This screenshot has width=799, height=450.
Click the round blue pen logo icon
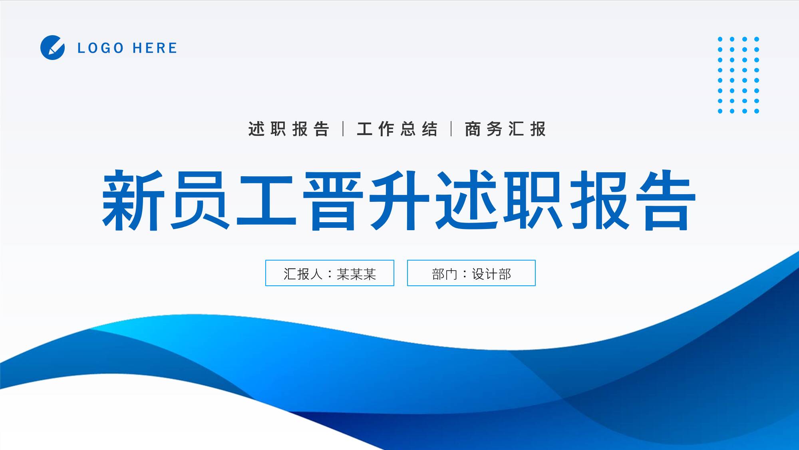pyautogui.click(x=52, y=48)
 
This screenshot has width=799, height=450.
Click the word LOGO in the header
pyautogui.click(x=100, y=48)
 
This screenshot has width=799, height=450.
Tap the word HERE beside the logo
pyautogui.click(x=155, y=48)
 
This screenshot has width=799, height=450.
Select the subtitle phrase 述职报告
pyautogui.click(x=288, y=129)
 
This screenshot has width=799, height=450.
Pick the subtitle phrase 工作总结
pyautogui.click(x=397, y=129)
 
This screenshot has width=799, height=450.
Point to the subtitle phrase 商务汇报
pyautogui.click(x=505, y=129)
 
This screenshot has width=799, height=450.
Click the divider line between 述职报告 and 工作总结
pyautogui.click(x=343, y=129)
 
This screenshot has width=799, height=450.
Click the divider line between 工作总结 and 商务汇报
pyautogui.click(x=451, y=129)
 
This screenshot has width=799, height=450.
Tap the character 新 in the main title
pyautogui.click(x=133, y=200)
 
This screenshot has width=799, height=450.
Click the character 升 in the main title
pyautogui.click(x=399, y=200)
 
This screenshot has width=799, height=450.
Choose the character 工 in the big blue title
pyautogui.click(x=266, y=200)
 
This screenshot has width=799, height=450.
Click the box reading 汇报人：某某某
pyautogui.click(x=330, y=273)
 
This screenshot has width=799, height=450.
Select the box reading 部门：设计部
pyautogui.click(x=471, y=273)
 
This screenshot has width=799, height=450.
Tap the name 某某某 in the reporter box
pyautogui.click(x=356, y=274)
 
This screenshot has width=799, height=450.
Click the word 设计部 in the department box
pyautogui.click(x=491, y=274)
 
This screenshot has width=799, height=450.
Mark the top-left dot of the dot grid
pyautogui.click(x=720, y=39)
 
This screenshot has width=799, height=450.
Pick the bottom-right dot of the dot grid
pyautogui.click(x=757, y=111)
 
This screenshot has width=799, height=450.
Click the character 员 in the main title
pyautogui.click(x=200, y=200)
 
